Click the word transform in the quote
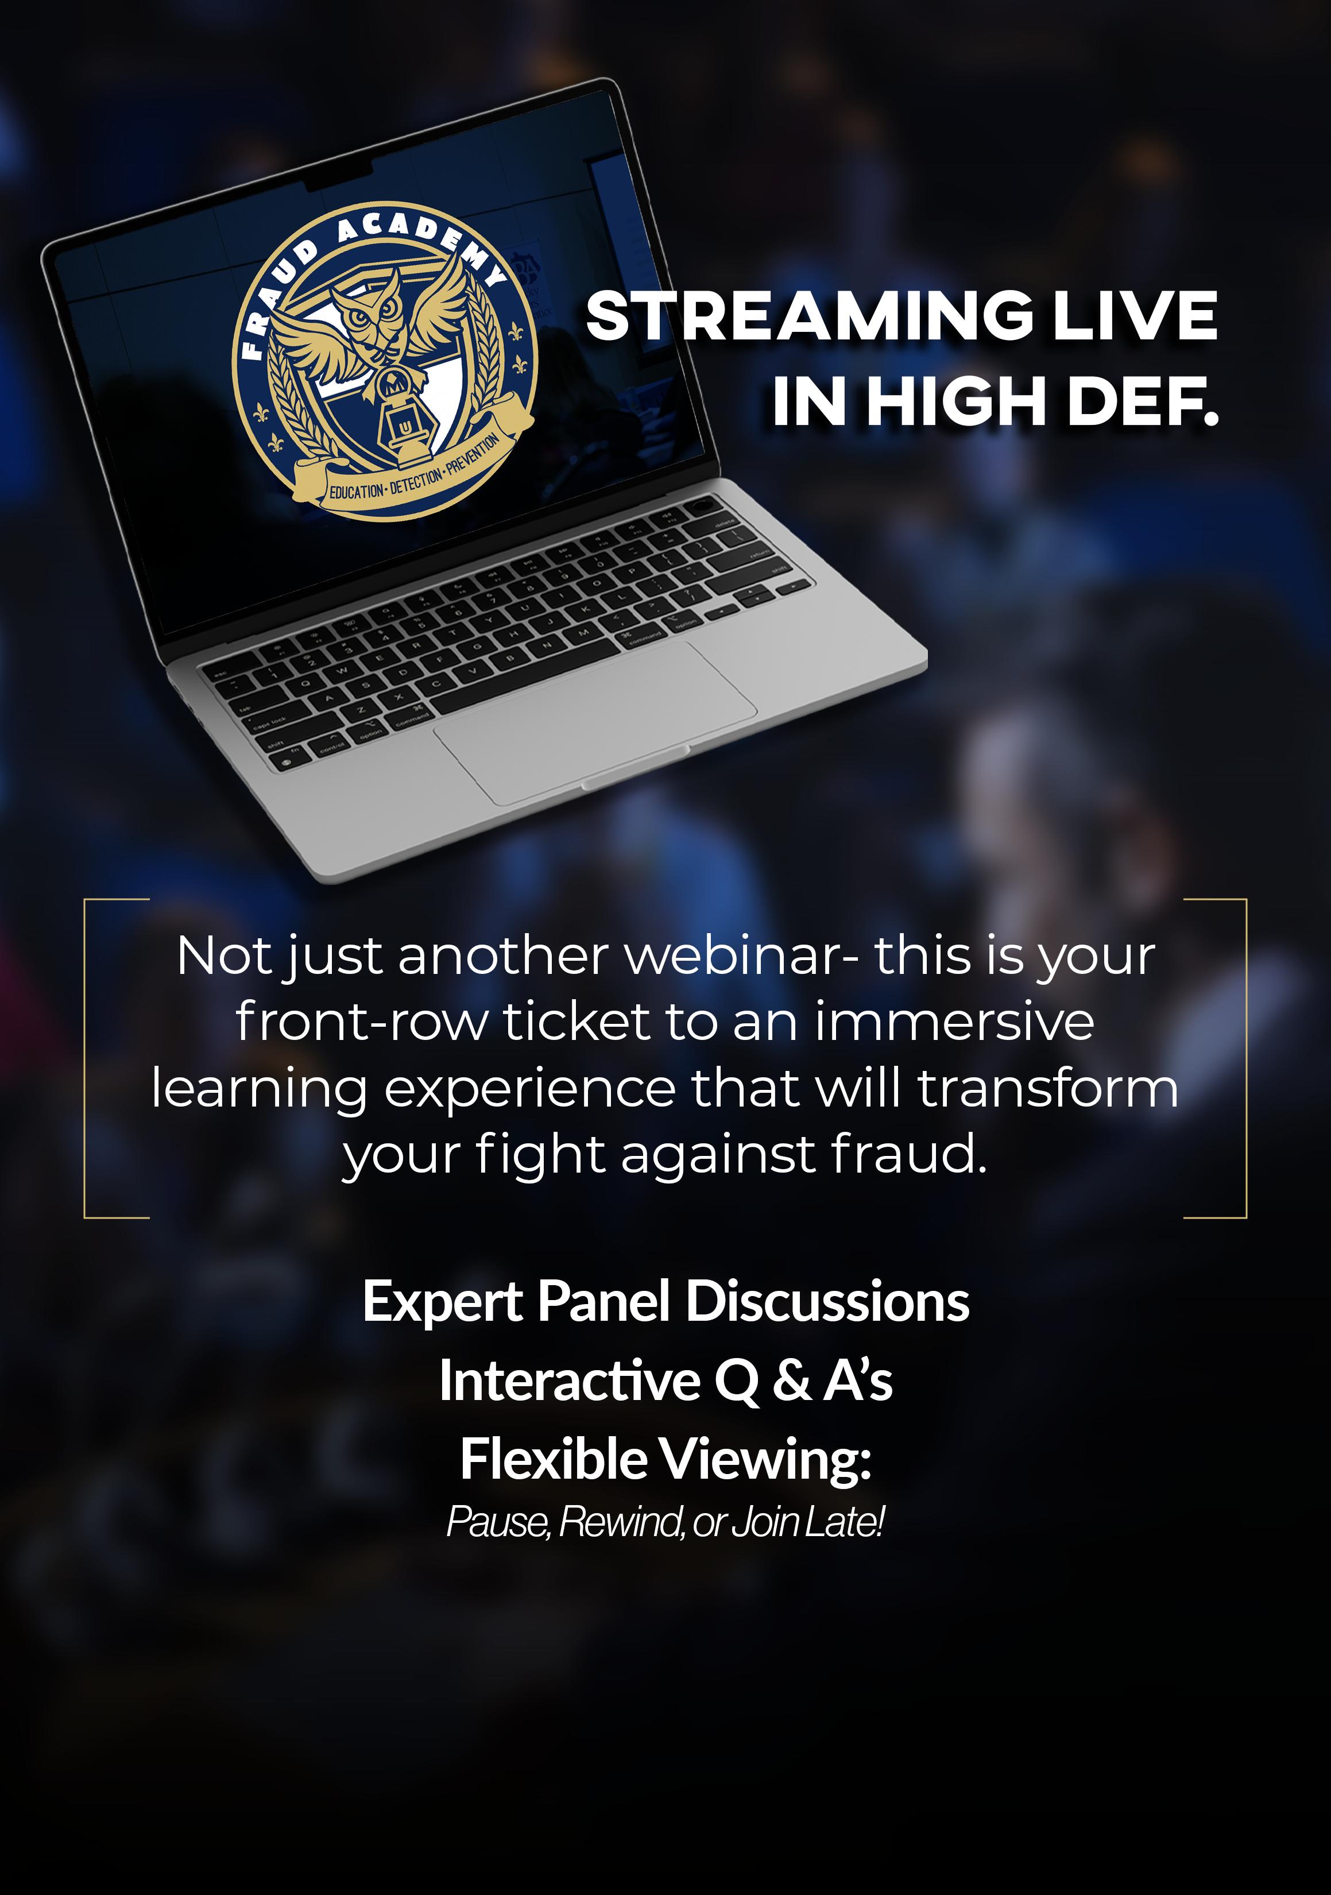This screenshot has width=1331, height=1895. (1048, 1088)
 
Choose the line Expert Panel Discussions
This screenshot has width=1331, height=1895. (666, 1302)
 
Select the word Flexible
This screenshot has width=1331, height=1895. (554, 1459)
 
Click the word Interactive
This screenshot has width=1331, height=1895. (570, 1380)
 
